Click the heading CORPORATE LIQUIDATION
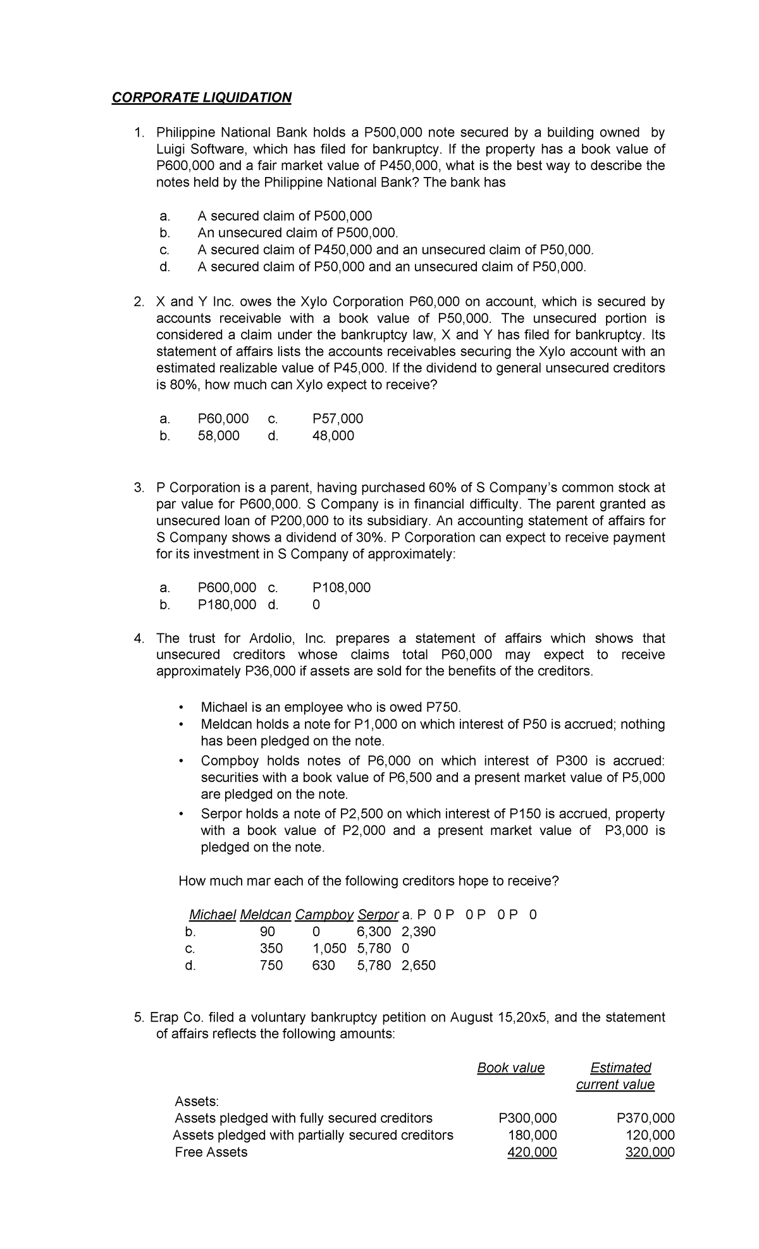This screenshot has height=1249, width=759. click(201, 97)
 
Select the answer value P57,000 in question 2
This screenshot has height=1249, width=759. click(338, 418)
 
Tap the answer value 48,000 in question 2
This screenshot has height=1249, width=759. click(333, 436)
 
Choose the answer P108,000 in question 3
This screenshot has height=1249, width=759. click(342, 587)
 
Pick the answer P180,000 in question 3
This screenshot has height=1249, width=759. click(227, 604)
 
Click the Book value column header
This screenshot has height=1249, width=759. click(510, 1068)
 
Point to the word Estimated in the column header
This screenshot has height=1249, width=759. click(620, 1068)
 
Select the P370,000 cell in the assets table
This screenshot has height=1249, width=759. click(645, 1118)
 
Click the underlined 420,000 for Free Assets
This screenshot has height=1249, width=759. click(532, 1152)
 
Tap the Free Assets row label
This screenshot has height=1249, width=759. click(211, 1152)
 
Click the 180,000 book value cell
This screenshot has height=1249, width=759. click(532, 1135)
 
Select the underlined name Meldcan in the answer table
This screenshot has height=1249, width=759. click(266, 914)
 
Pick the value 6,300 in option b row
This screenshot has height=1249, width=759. click(374, 931)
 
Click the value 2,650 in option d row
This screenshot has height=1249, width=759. click(418, 965)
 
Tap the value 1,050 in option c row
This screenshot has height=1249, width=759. click(330, 948)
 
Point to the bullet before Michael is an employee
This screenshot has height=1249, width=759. click(181, 707)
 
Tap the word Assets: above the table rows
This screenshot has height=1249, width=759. click(196, 1100)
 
